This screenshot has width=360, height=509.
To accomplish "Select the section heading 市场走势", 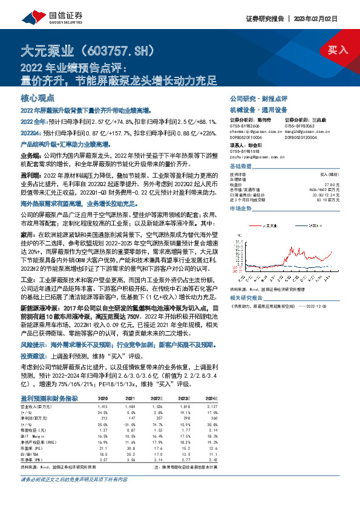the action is (x=240, y=207).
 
